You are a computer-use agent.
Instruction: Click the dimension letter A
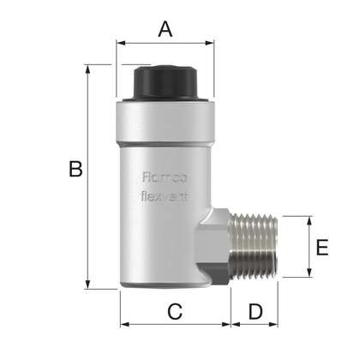tap(166, 29)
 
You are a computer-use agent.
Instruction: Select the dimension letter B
tap(75, 171)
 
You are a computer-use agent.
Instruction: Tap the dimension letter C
tap(174, 312)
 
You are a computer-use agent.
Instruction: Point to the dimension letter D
tap(255, 312)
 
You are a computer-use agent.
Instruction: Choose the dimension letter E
tap(321, 248)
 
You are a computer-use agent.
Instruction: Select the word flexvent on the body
tap(162, 195)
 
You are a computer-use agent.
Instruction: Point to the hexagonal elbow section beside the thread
tap(214, 249)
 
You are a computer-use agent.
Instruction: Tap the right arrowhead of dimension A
tap(210, 41)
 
